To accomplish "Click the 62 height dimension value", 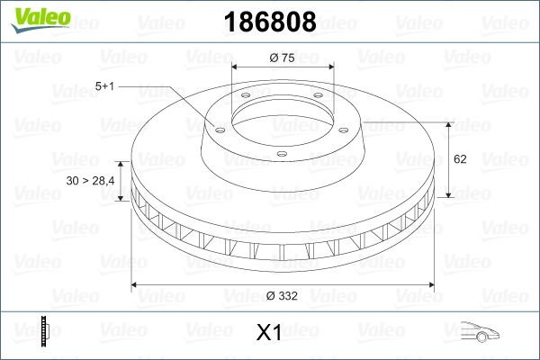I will (460, 159).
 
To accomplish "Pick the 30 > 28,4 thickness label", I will (89, 182).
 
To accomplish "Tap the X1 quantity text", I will (269, 333).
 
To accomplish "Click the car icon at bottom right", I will (480, 332).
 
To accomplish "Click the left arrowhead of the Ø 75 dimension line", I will (235, 67).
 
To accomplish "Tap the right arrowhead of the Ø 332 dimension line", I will (433, 285).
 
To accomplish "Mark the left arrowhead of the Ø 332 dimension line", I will (136, 285).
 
